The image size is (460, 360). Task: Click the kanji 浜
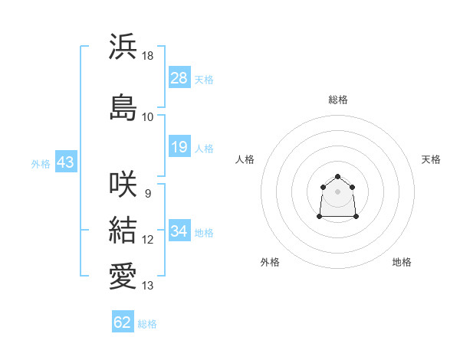[x=123, y=46]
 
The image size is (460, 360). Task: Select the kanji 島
[x=123, y=107]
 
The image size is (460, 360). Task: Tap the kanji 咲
[x=123, y=184]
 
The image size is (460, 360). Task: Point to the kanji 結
[x=123, y=230]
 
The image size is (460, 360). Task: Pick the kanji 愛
[x=123, y=276]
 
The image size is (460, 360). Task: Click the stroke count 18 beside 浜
[x=147, y=56]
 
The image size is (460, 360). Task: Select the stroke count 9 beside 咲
[x=148, y=194]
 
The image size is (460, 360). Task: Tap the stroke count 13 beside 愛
[x=147, y=286]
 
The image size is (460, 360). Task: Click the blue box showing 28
[x=179, y=77]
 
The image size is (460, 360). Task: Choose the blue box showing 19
[x=179, y=146]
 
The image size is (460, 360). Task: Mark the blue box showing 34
[x=179, y=230]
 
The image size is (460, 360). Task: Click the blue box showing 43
[x=66, y=162]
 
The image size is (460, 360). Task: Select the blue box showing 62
[x=123, y=321]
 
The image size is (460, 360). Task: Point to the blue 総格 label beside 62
[x=147, y=324]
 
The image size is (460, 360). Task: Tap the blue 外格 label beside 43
[x=41, y=164]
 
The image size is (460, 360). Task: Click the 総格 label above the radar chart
[x=338, y=100]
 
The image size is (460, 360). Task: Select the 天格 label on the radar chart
[x=431, y=159]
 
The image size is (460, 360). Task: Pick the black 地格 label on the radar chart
[x=402, y=262]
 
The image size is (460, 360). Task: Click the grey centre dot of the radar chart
[x=337, y=191]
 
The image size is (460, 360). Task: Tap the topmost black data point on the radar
[x=337, y=176]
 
